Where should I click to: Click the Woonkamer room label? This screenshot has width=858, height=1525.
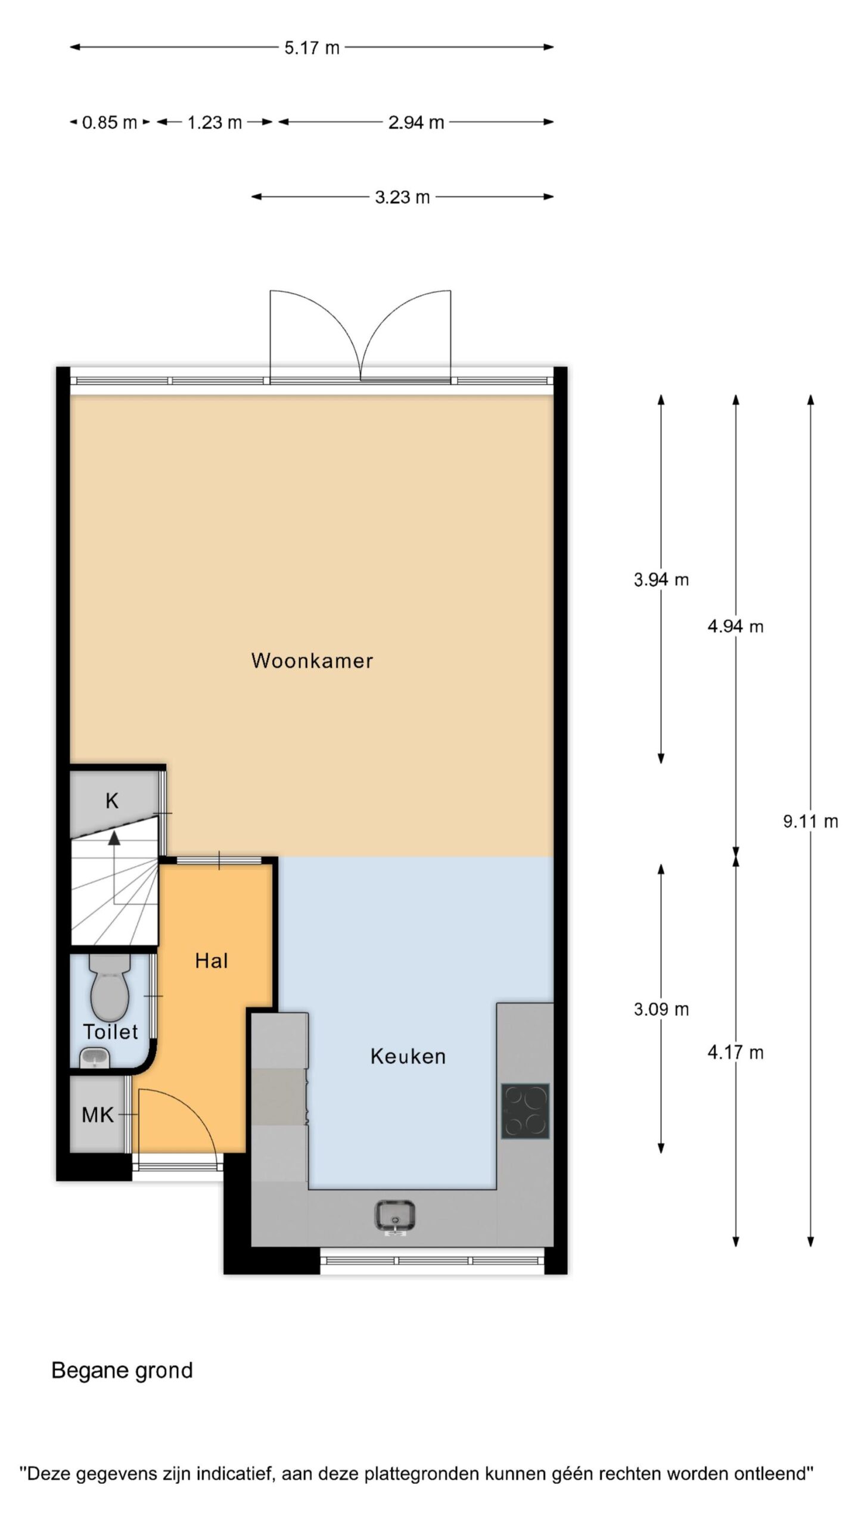click(312, 661)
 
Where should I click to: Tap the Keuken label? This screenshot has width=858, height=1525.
click(408, 1056)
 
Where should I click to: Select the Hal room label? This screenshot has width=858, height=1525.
click(212, 960)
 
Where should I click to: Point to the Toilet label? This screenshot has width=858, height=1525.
click(111, 1031)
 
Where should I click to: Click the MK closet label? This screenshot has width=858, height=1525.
click(98, 1115)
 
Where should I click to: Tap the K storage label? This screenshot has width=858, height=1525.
click(112, 801)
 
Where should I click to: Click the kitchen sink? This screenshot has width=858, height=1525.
click(395, 1215)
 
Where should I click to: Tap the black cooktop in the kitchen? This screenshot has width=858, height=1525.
click(525, 1111)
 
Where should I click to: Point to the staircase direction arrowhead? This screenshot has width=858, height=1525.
click(114, 838)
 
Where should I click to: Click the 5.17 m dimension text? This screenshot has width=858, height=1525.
click(312, 48)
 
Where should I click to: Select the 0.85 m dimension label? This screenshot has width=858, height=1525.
click(110, 123)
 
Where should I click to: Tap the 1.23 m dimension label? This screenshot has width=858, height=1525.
click(214, 123)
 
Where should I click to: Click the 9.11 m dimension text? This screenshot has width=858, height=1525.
click(810, 821)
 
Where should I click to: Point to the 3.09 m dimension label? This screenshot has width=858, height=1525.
click(661, 1009)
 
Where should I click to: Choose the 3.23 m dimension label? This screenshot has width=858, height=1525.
click(402, 197)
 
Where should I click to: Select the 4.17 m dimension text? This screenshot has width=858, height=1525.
click(735, 1053)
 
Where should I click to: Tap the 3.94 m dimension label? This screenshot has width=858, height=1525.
click(661, 579)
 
